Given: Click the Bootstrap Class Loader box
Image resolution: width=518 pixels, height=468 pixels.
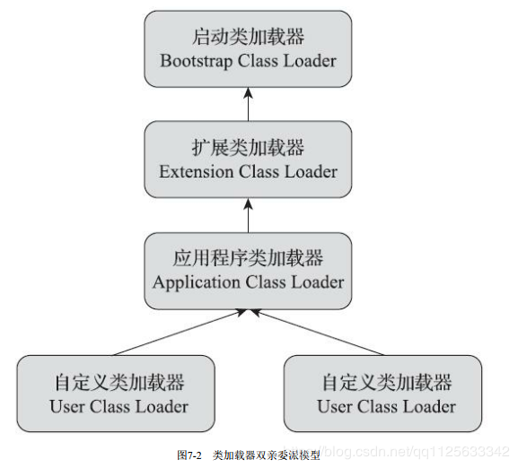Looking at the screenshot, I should click(248, 49).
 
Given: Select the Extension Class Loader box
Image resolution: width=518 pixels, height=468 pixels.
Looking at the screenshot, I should click(248, 160).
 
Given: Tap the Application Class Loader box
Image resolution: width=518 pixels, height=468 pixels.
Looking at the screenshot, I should click(248, 271).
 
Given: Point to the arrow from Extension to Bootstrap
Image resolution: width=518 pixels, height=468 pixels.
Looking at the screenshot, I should click(248, 105).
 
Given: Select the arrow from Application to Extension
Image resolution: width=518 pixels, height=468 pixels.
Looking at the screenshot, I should click(248, 215).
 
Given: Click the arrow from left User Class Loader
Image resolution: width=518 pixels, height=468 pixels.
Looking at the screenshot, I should click(175, 332).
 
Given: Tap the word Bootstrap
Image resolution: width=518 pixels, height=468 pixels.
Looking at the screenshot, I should click(193, 62).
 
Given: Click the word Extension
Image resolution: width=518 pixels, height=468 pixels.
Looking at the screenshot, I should click(193, 172).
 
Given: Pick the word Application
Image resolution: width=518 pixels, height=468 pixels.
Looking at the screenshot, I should click(193, 282).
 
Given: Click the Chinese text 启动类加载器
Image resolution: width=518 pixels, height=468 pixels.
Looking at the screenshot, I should click(248, 38).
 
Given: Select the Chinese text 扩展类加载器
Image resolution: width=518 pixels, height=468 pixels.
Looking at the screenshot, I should click(248, 148).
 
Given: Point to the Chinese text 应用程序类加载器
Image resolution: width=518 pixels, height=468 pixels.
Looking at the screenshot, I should click(248, 259).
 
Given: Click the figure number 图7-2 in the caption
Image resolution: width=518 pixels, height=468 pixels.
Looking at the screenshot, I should click(189, 455).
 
